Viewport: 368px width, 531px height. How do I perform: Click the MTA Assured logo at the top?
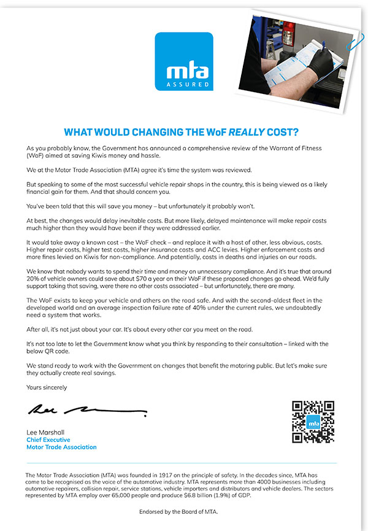click(x=184, y=61)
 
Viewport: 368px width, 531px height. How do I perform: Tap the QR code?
click(x=313, y=422)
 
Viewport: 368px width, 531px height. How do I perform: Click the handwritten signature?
click(x=86, y=409)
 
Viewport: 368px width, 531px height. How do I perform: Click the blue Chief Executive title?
click(x=48, y=440)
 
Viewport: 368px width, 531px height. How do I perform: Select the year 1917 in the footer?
click(x=161, y=475)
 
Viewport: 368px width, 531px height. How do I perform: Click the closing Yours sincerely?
click(x=47, y=387)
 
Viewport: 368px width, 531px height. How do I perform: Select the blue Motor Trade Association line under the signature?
click(x=61, y=448)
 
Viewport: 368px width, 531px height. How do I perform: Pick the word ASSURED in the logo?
click(x=188, y=83)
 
